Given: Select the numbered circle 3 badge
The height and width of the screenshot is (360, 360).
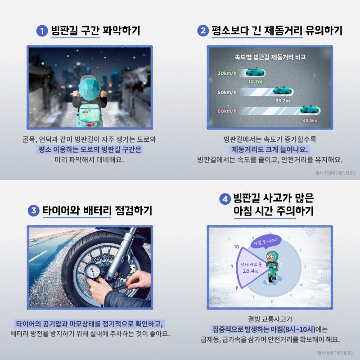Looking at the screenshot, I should (x=33, y=211).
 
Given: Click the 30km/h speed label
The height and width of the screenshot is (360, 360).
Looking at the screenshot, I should (x=227, y=73).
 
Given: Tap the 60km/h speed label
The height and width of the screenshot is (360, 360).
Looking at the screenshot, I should (x=227, y=111).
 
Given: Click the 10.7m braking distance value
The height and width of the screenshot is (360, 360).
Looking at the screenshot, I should (x=255, y=81).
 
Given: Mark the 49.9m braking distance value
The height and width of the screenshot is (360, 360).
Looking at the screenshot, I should (x=310, y=120).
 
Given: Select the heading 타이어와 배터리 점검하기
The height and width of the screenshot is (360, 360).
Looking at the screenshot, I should (x=97, y=211).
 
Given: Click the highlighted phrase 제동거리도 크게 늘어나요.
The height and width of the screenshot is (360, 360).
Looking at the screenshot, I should (x=270, y=149).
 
